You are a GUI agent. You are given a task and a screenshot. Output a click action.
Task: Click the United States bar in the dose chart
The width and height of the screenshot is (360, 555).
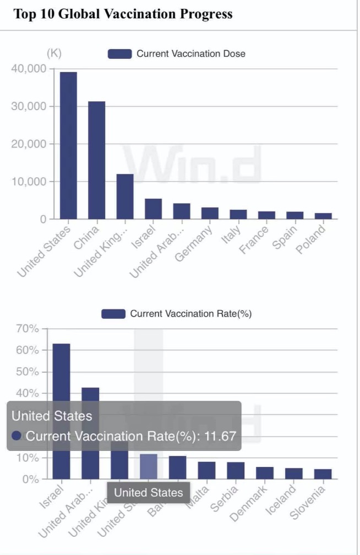click(68, 145)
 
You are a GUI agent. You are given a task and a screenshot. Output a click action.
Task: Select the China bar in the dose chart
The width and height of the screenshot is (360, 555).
click(96, 160)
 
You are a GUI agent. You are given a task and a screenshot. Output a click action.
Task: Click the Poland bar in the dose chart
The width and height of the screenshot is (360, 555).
click(323, 216)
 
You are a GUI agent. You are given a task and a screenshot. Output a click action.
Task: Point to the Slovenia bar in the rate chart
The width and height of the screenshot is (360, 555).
click(323, 474)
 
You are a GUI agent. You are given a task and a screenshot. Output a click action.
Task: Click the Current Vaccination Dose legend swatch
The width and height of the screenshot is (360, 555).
click(119, 54)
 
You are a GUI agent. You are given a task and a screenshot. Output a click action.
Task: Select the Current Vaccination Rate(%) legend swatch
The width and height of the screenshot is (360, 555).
click(113, 314)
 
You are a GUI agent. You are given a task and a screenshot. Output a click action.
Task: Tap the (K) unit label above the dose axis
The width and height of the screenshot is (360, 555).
click(54, 53)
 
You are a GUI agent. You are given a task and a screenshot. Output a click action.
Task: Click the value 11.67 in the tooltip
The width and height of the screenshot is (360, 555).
click(220, 436)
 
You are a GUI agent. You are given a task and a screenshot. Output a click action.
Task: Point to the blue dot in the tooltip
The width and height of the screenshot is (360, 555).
click(17, 436)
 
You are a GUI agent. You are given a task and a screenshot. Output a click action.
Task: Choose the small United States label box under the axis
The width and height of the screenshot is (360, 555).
click(148, 492)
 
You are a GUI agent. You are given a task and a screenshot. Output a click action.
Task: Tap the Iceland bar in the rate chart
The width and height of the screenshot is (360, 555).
click(294, 474)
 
